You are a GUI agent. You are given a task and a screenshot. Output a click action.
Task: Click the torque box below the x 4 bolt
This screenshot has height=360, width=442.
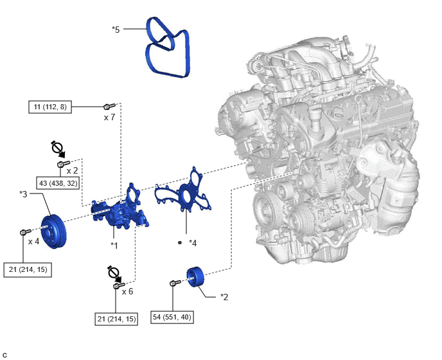point(28,270)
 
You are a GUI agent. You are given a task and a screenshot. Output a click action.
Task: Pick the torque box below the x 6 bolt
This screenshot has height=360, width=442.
point(116,319)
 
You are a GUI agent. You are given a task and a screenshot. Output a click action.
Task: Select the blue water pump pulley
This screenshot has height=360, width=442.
point(53,232)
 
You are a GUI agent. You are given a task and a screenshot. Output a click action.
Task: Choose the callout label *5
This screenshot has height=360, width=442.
point(116,30)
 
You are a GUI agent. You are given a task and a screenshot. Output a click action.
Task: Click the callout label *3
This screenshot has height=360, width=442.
point(23,194)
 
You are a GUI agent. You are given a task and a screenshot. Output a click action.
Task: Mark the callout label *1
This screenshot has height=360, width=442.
point(114,246)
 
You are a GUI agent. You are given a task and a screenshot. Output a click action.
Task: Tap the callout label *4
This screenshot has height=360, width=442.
point(193,243)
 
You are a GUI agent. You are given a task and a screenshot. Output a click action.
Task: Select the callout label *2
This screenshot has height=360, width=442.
point(224,297)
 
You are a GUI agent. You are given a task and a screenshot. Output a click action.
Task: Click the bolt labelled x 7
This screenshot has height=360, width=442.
point(109,106)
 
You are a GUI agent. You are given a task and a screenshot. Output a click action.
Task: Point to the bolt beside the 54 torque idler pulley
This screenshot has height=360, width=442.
point(175,282)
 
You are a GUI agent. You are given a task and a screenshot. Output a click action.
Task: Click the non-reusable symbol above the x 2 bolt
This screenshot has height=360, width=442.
point(58,148)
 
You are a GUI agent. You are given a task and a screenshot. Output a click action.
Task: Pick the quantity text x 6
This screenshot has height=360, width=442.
point(127,292)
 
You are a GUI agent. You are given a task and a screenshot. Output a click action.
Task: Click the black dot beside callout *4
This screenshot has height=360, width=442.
point(180,242)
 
